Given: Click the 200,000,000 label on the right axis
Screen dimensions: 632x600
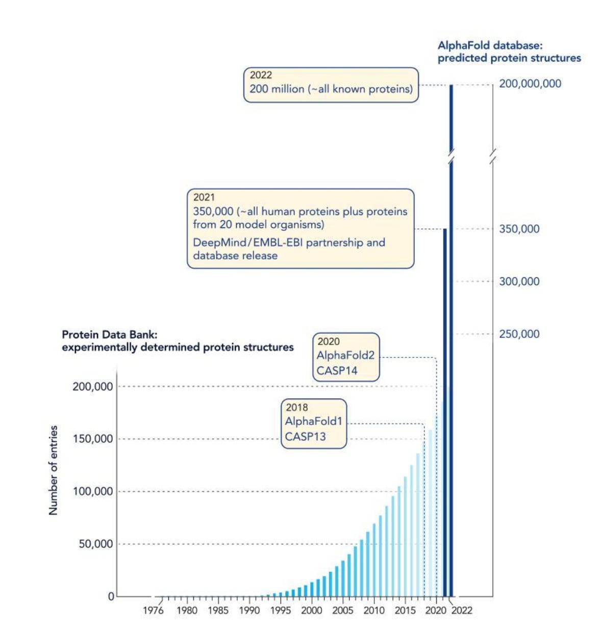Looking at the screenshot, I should click(530, 84).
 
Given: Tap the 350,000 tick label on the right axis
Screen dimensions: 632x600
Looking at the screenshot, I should click(519, 229).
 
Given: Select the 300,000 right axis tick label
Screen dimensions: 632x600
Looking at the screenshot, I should click(519, 281).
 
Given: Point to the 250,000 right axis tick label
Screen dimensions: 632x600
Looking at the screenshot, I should click(519, 334).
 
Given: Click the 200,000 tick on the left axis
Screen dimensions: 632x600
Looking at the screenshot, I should click(92, 386).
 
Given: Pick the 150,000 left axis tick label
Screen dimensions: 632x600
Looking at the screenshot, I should click(92, 439).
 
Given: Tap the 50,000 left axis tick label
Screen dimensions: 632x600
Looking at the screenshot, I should click(95, 544).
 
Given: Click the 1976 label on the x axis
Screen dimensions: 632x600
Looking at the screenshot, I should click(153, 610).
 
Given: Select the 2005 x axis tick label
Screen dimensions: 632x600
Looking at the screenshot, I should click(342, 610).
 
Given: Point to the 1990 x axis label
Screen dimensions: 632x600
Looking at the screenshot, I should click(249, 610).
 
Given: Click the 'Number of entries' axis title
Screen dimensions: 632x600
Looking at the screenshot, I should click(53, 470).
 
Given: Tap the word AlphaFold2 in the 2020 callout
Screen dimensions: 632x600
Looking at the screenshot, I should click(345, 355).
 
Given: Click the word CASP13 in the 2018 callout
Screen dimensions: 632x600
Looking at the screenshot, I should click(305, 436).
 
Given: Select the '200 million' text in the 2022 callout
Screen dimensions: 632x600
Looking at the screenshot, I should click(277, 89).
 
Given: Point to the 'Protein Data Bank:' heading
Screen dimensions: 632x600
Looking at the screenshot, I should click(109, 334).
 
